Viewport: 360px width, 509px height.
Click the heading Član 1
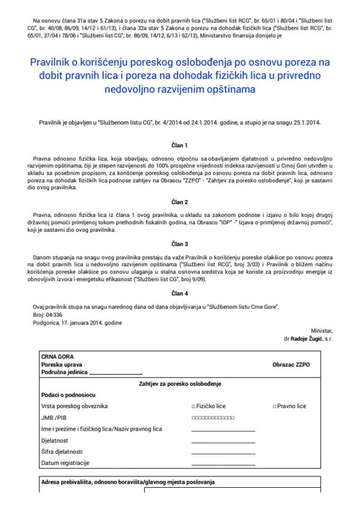coord(180,145)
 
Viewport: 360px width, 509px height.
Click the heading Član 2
coord(180,202)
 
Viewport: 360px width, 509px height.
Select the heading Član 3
coord(180,244)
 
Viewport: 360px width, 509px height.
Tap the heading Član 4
coord(180,293)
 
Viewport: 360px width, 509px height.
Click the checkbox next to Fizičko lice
coord(193,407)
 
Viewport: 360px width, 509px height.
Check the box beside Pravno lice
coord(274,407)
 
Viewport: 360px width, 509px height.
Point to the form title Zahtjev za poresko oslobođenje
coord(180,383)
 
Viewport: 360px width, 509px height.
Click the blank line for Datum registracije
coord(223,464)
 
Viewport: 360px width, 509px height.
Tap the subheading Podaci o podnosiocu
coord(68,395)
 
